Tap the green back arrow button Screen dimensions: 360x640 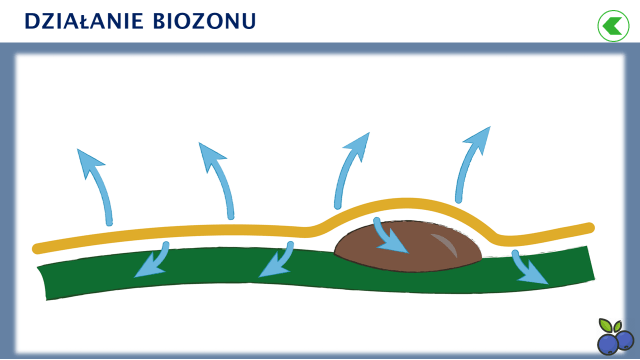tap(611, 24)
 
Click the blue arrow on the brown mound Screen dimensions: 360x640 tap(390, 236)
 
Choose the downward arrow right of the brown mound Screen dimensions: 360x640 tap(529, 268)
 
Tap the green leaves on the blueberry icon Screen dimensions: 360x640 tap(611, 325)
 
